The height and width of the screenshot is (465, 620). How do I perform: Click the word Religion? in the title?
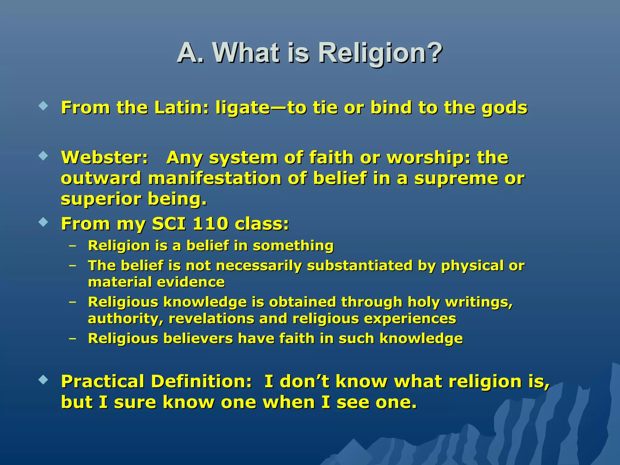[380, 53]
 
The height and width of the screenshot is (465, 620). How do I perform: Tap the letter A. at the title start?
[191, 53]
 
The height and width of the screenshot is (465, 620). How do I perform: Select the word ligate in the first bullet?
[242, 108]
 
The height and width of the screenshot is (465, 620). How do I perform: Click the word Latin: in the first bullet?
[181, 108]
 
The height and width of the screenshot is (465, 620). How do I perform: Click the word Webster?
[104, 158]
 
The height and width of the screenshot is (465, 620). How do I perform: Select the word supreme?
[456, 179]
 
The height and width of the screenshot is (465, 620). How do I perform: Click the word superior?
[101, 199]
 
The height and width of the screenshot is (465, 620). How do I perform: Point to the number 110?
[210, 224]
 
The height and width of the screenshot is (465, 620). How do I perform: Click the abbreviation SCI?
[169, 224]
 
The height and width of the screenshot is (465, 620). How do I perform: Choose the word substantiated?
[360, 265]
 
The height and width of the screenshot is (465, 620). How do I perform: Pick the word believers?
[198, 338]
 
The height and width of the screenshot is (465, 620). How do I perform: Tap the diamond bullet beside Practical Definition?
[44, 380]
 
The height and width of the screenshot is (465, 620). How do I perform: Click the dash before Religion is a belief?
[72, 246]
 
